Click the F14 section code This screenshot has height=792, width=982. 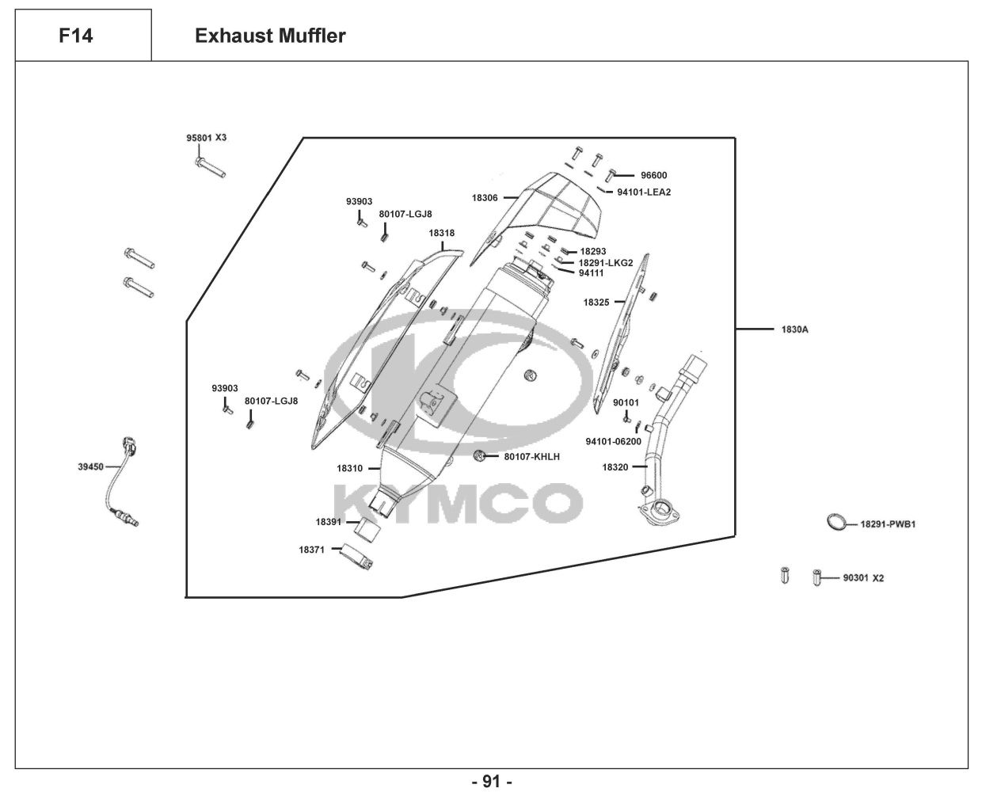75,36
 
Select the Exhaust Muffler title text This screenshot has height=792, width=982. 270,36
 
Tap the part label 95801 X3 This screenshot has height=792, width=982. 206,138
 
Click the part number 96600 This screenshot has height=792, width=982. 654,176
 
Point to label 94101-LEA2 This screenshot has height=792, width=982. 644,192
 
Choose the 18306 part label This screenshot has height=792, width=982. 485,198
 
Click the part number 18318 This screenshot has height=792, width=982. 442,234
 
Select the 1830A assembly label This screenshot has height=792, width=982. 795,329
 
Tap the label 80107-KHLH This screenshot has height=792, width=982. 532,457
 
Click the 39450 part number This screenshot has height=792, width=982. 90,467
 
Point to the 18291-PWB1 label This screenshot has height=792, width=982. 888,524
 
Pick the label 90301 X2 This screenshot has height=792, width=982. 863,578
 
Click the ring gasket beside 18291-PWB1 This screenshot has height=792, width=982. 835,522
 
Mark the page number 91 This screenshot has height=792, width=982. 492,782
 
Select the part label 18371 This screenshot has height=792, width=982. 311,550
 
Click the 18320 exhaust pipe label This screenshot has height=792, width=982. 615,467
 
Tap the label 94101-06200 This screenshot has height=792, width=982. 614,442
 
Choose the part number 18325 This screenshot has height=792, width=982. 596,303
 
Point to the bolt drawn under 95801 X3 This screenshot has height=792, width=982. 209,166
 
